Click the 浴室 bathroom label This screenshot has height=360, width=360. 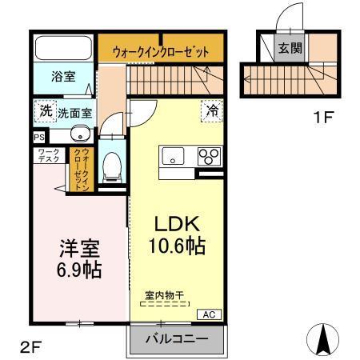tap(63, 77)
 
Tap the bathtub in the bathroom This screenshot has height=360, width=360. tap(63, 46)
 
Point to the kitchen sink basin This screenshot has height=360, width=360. tap(172, 157)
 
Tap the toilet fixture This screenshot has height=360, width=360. tap(113, 166)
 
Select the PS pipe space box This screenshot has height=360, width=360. tap(39, 137)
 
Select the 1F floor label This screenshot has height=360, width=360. tap(323, 119)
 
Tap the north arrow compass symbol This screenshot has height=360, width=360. tap(325, 338)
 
